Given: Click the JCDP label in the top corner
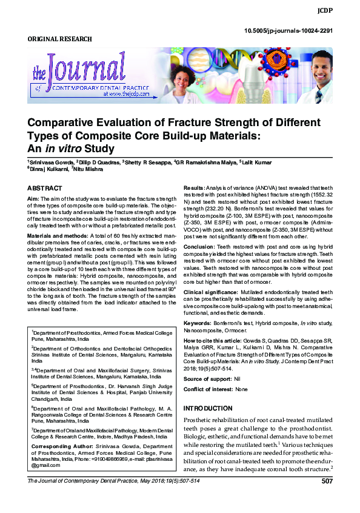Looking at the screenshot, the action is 341,11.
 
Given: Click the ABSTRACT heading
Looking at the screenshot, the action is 45,189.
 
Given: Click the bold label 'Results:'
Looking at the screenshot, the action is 195,189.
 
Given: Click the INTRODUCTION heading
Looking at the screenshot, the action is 208,408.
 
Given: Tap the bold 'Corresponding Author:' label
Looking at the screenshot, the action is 59,446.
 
